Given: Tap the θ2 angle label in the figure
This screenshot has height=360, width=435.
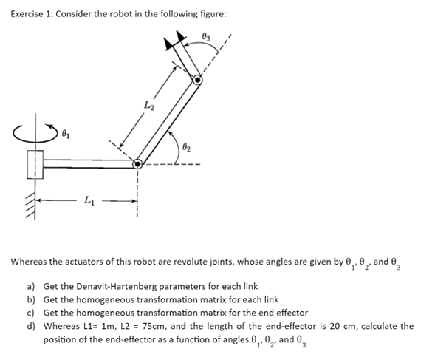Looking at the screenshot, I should (x=186, y=141).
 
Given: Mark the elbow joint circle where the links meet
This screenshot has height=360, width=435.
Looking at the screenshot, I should (x=137, y=165).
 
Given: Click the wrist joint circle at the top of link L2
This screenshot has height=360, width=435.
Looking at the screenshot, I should (x=197, y=80).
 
